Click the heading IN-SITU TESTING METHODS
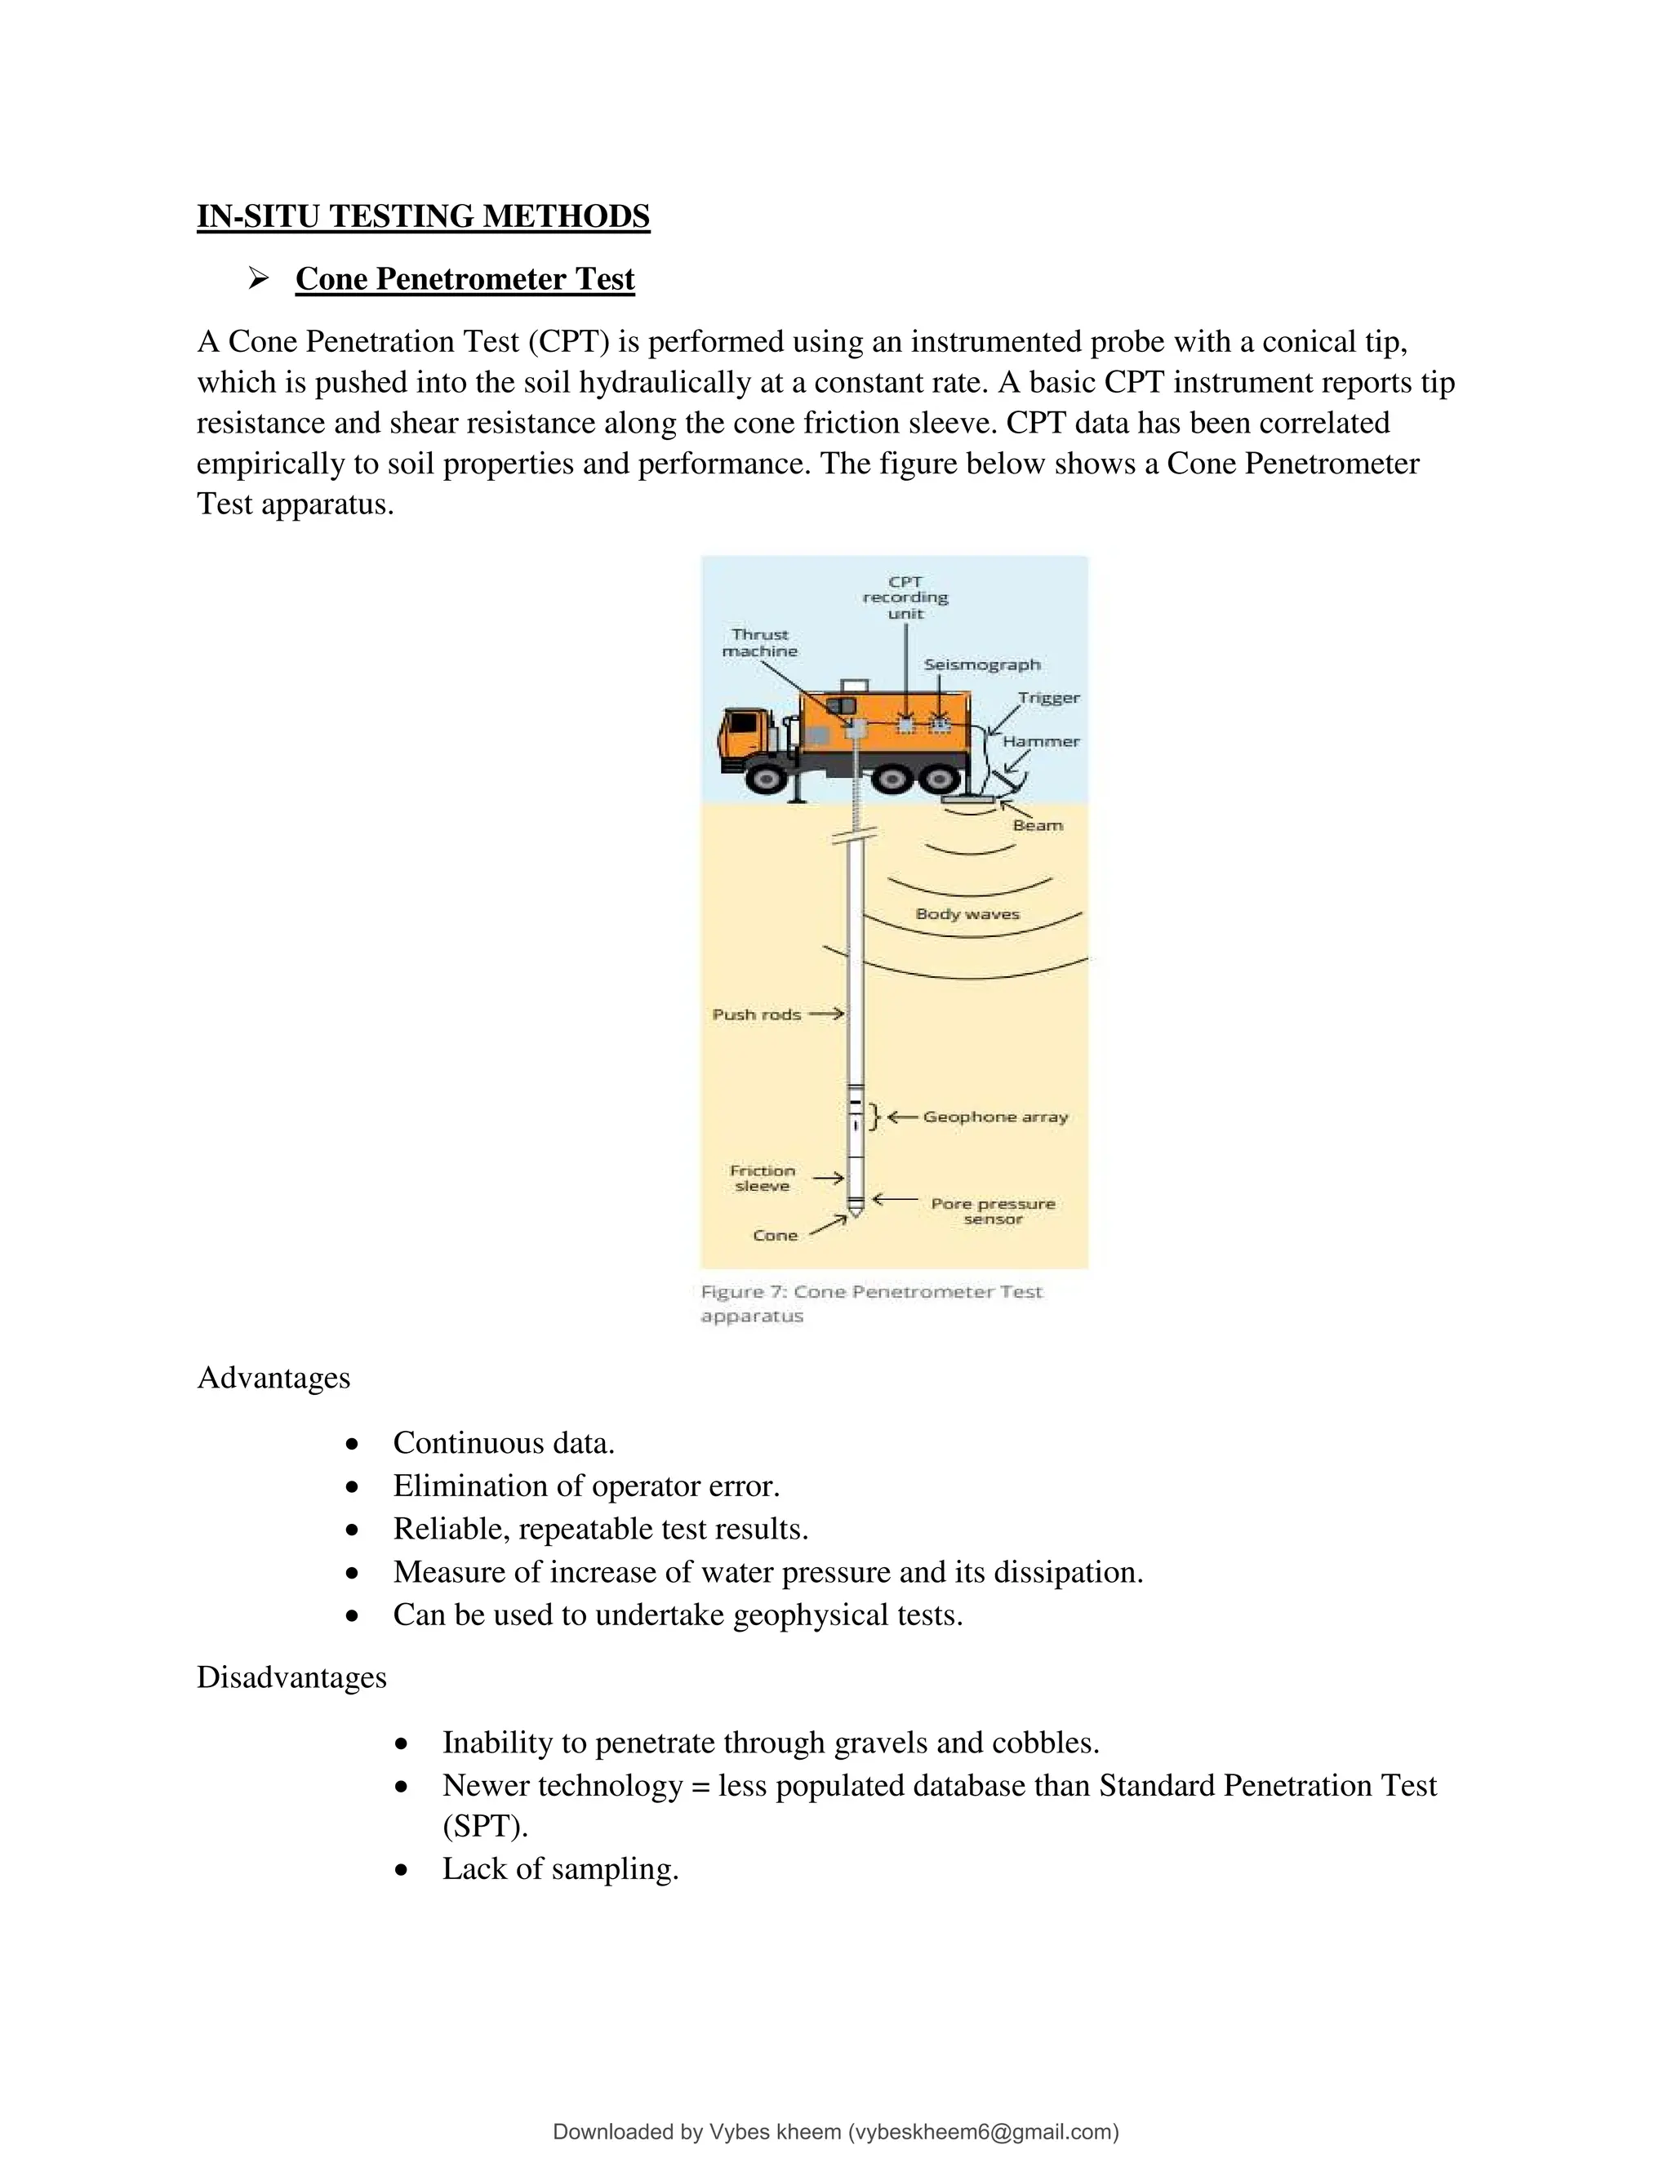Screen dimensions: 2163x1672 pyautogui.click(x=423, y=216)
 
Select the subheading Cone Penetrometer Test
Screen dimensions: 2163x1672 pyautogui.click(x=465, y=278)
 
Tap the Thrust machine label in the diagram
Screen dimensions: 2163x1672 pyautogui.click(x=760, y=642)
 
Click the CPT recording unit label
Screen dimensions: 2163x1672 pyautogui.click(x=905, y=597)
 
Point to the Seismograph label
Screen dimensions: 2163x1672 pyautogui.click(x=981, y=664)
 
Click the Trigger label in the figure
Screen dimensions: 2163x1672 pyautogui.click(x=1048, y=697)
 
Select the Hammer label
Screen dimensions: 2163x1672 pyautogui.click(x=1040, y=741)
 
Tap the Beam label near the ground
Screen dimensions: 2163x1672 pyautogui.click(x=1037, y=825)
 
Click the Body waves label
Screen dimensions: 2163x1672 pyautogui.click(x=967, y=914)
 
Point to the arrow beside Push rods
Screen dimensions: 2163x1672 pyautogui.click(x=826, y=1014)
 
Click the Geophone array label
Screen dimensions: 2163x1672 pyautogui.click(x=994, y=1117)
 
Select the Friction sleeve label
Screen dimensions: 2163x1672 pyautogui.click(x=762, y=1178)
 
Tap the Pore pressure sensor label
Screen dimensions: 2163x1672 pyautogui.click(x=993, y=1211)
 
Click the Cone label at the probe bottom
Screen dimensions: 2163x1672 pyautogui.click(x=775, y=1235)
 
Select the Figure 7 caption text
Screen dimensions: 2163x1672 pyautogui.click(x=870, y=1304)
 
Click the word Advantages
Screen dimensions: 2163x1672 pyautogui.click(x=273, y=1378)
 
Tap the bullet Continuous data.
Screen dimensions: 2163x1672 pyautogui.click(x=503, y=1443)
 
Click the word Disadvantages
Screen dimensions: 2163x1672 pyautogui.click(x=291, y=1677)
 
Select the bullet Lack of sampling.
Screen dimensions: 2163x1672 pyautogui.click(x=559, y=1869)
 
